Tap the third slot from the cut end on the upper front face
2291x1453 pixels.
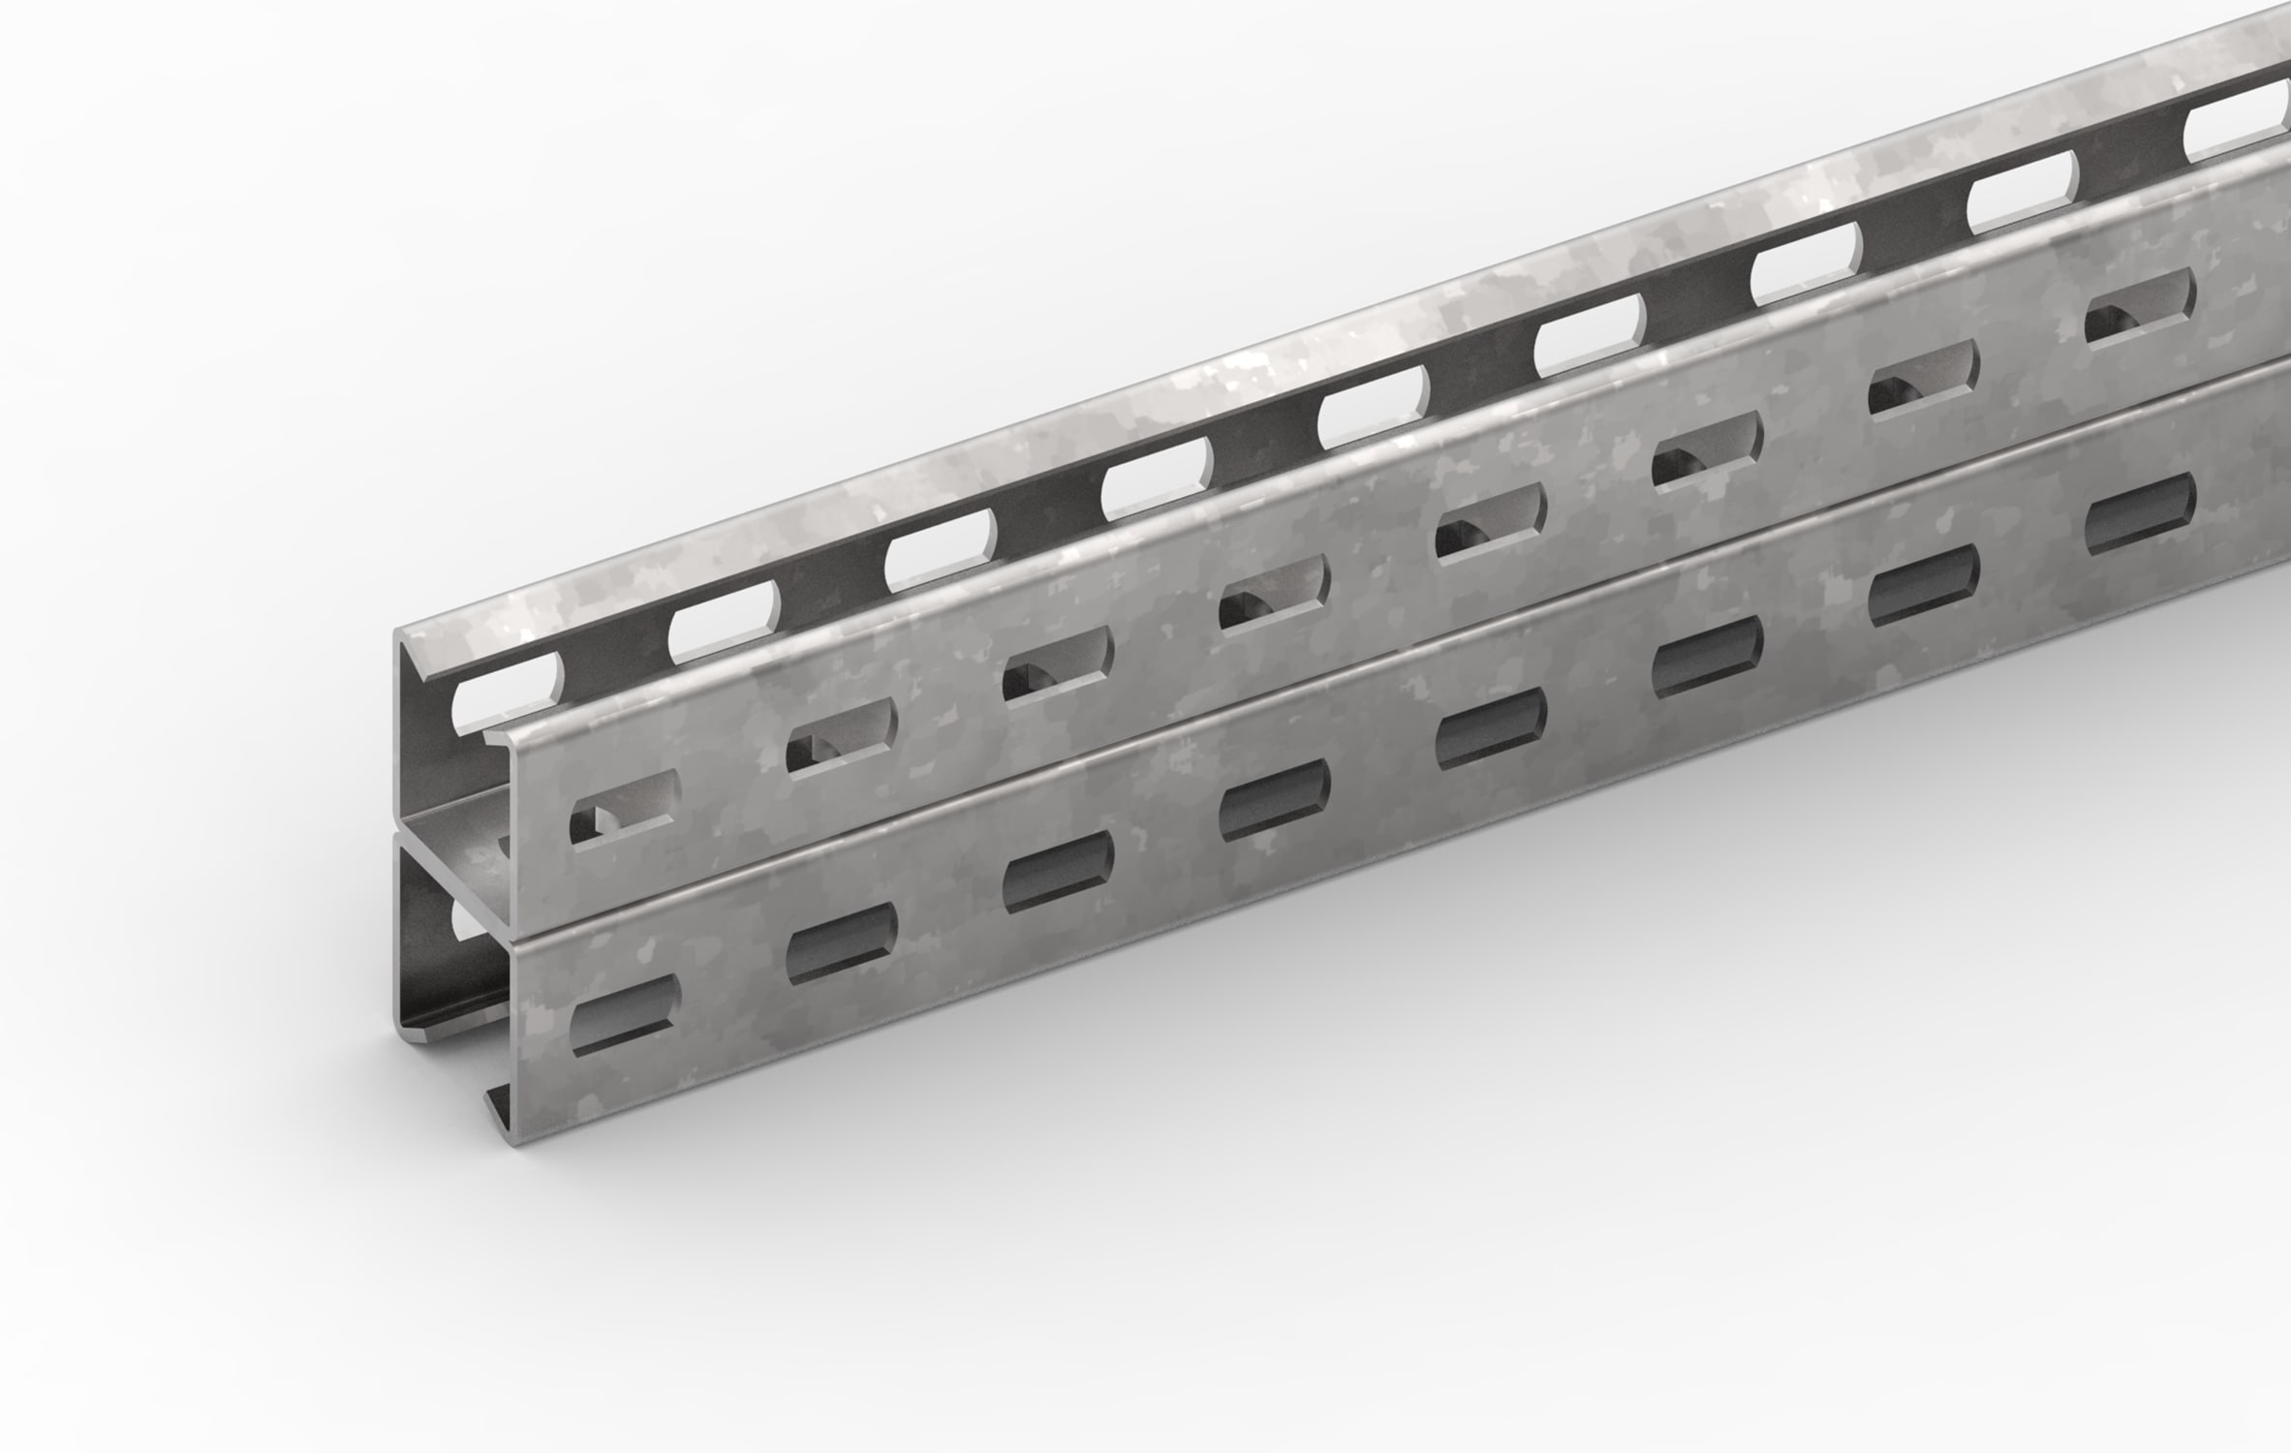pyautogui.click(x=1059, y=664)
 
